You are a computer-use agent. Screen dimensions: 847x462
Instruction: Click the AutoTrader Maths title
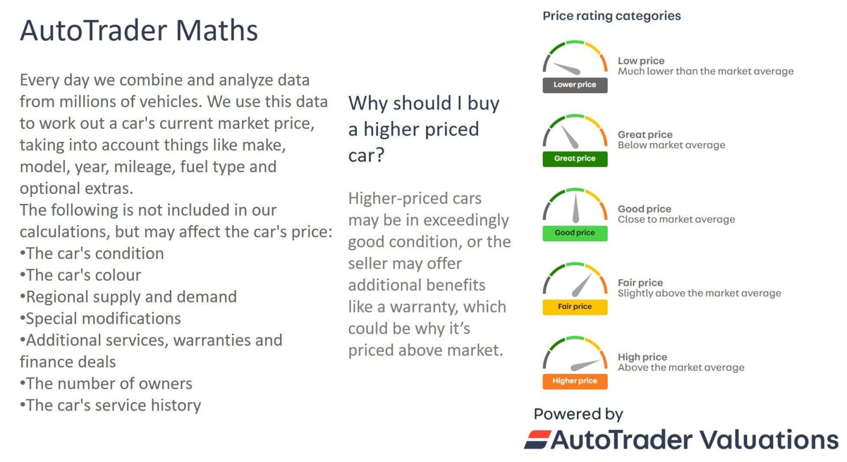tap(139, 30)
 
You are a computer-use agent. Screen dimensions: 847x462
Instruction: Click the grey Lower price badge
tap(575, 85)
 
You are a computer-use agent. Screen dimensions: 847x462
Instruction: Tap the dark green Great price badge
tap(575, 159)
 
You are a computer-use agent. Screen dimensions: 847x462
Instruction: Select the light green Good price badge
tap(575, 233)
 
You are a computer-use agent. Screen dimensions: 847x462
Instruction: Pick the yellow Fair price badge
tap(575, 307)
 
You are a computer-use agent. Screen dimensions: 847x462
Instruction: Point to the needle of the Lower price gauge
tap(566, 68)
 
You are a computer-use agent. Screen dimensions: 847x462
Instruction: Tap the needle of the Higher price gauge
tap(584, 365)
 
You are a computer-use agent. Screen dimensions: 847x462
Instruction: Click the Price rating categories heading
tap(611, 16)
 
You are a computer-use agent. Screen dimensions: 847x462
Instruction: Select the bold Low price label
tap(641, 60)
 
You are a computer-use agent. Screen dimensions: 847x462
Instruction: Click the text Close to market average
tap(677, 219)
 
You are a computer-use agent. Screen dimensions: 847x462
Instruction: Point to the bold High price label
tap(643, 357)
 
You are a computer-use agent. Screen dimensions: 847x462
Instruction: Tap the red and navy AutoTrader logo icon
tap(537, 440)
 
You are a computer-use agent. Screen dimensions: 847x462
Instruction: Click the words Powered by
tap(578, 414)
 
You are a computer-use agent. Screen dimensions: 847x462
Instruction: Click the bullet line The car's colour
tap(80, 275)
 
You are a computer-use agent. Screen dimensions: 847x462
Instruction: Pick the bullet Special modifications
tap(100, 318)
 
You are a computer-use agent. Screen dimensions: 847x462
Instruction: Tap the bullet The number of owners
tap(106, 384)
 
